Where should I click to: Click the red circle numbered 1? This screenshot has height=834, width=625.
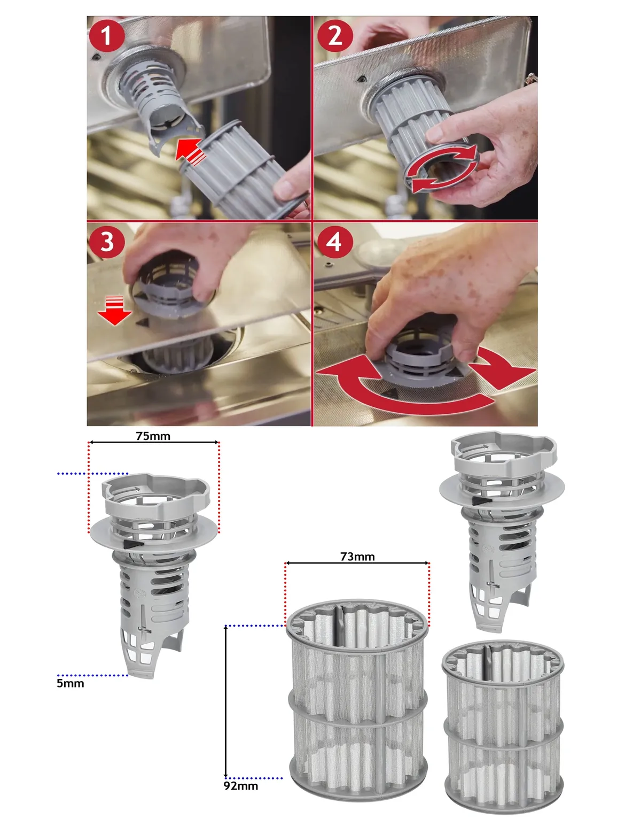[x=106, y=36]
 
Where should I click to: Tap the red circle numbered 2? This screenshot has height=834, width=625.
[x=335, y=36]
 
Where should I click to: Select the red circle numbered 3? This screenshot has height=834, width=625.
[x=106, y=242]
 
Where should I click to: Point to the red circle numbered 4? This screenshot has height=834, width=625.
[x=334, y=242]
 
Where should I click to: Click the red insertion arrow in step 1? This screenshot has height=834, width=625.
[x=191, y=152]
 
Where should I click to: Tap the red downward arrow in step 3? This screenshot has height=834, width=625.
[x=115, y=311]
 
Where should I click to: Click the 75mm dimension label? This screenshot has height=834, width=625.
[x=153, y=436]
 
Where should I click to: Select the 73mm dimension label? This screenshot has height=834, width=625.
[x=357, y=557]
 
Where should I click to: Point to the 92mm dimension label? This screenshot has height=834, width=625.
[x=241, y=786]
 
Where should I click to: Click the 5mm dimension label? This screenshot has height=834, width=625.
[x=70, y=684]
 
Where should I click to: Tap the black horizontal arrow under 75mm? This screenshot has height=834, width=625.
[x=154, y=443]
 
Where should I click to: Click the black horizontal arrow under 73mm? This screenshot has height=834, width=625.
[x=357, y=563]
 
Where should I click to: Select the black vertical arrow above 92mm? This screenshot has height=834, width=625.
[x=226, y=702]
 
